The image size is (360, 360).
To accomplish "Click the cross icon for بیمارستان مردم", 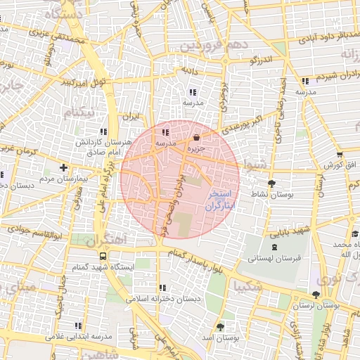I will (64, 167).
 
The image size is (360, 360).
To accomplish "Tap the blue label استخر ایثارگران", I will (221, 202).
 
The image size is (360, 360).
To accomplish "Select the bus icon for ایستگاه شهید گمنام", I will (103, 257).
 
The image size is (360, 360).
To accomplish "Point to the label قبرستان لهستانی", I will (274, 258).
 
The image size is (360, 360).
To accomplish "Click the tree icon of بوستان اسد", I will (221, 327).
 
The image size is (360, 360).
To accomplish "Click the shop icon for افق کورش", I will (340, 155).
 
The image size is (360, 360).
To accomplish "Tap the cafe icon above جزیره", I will (196, 138).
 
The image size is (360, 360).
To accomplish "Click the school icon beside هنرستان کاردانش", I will (104, 131).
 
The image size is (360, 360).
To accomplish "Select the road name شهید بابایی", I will (291, 231).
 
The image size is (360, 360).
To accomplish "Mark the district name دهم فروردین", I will (214, 46).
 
